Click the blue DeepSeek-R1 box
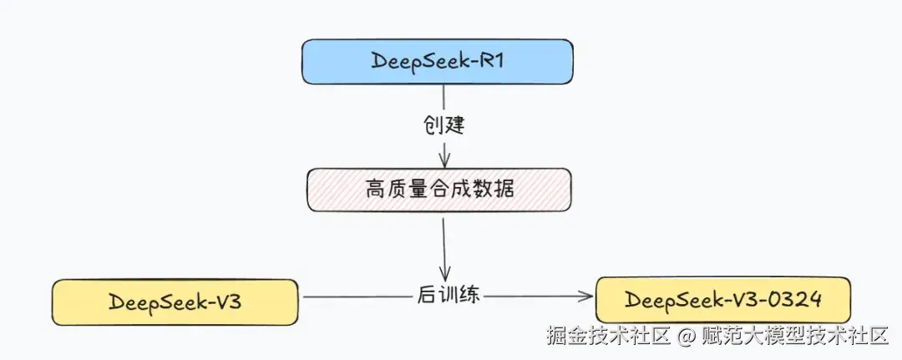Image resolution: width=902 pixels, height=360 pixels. pos(438,61)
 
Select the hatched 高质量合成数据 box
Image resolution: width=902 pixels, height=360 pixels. pos(439,190)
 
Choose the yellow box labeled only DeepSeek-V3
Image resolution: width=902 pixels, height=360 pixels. pos(175,302)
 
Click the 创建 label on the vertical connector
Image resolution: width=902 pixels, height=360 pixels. pos(443,126)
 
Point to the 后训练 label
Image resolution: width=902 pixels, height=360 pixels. pos(447,296)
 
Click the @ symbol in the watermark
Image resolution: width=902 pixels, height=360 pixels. pos(687,337)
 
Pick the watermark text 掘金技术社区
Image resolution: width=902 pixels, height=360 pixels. pos(609,337)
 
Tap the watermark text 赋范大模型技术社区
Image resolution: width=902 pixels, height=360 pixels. pos(793,337)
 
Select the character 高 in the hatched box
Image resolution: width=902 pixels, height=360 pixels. pos(374,190)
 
